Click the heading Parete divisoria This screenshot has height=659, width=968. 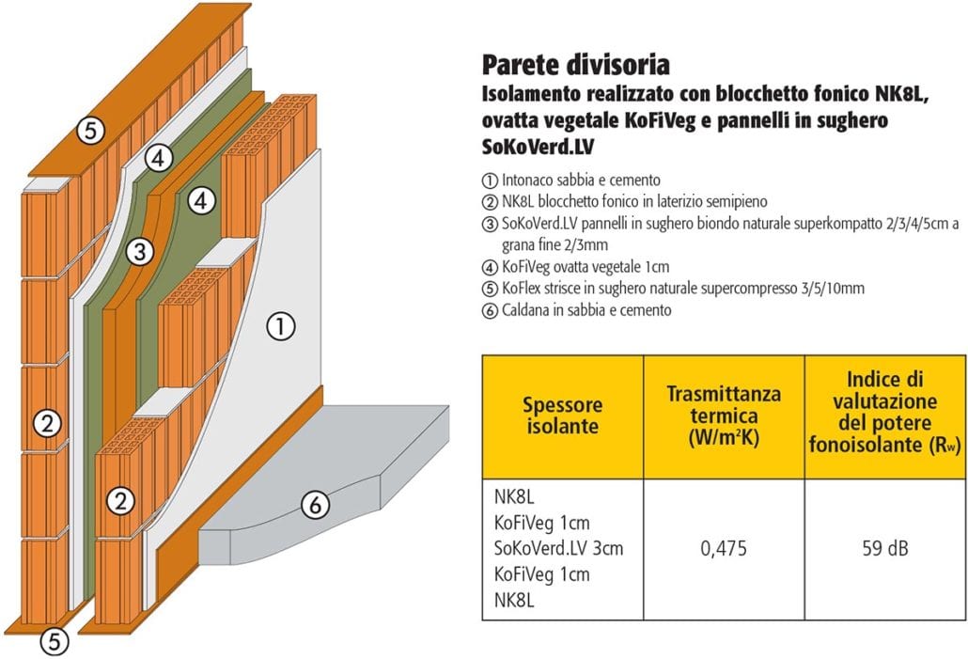click(575, 64)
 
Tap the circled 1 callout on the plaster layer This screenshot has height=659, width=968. click(281, 325)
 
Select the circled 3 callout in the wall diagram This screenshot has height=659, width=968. click(140, 251)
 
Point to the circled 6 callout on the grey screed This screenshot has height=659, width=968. click(316, 505)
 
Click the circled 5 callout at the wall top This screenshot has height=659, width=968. click(91, 131)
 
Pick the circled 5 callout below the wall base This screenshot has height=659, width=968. click(55, 641)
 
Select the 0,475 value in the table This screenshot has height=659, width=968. click(724, 548)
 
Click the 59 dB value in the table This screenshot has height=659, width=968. click(885, 548)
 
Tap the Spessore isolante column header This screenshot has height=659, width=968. click(562, 416)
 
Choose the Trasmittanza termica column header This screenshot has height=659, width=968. click(724, 416)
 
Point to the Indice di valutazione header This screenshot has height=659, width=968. click(885, 412)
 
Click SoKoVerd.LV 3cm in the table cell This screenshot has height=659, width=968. click(558, 548)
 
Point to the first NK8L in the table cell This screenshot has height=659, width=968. click(514, 496)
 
